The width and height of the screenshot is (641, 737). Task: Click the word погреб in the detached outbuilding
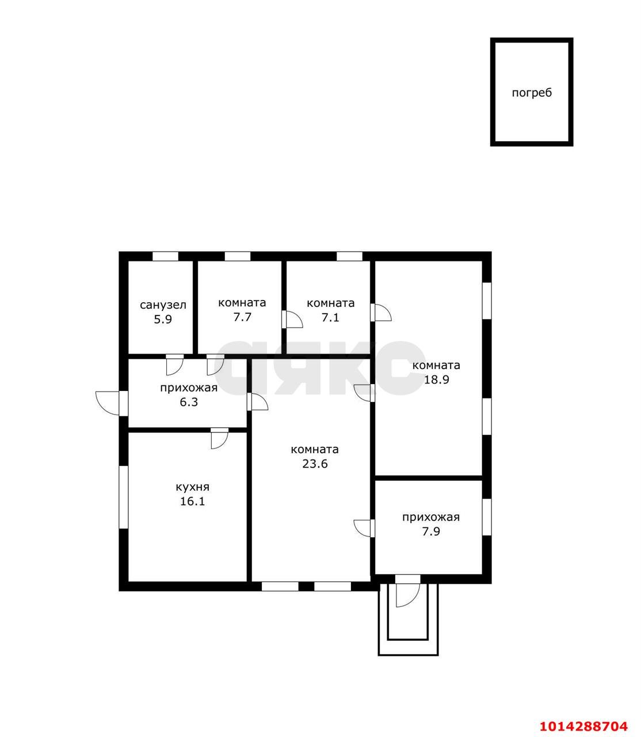532,93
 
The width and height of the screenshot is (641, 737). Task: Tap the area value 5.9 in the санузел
163,320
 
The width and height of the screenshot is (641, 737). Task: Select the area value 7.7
242,317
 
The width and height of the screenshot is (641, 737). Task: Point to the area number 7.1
330,318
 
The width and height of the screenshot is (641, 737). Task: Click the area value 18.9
436,380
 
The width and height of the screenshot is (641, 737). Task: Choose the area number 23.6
315,464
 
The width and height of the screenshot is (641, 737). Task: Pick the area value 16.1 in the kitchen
193,501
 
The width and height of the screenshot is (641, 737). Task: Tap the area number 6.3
189,402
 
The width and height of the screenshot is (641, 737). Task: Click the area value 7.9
431,531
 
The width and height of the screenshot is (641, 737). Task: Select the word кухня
193,487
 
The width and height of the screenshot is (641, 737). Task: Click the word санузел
163,305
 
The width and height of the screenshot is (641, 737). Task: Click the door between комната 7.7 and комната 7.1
292,319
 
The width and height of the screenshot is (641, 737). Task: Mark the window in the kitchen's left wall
124,497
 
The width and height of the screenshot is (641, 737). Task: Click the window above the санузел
165,256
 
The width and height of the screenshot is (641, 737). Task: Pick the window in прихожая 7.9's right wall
487,517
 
